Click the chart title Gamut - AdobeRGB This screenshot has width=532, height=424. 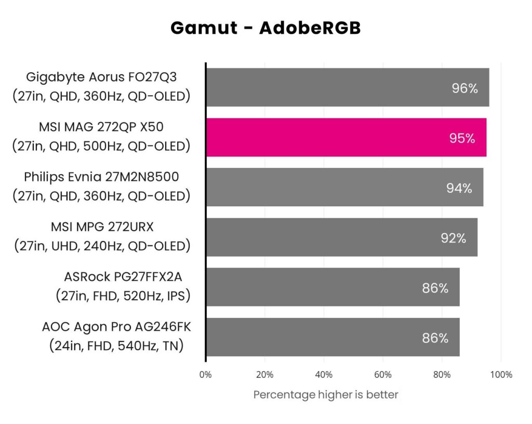tap(265, 28)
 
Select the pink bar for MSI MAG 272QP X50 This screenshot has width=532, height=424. tap(346, 138)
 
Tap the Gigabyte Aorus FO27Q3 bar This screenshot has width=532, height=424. tap(347, 87)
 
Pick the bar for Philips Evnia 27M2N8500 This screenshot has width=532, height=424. tap(344, 187)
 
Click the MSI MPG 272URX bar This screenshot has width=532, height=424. tap(341, 237)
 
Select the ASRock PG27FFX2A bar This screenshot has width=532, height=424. tap(332, 287)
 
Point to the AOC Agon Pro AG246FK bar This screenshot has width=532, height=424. tap(332, 337)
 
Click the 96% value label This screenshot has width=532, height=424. tap(464, 88)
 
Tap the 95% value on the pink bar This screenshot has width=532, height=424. tap(462, 139)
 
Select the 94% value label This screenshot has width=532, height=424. tap(459, 188)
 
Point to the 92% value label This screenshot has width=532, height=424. tap(453, 238)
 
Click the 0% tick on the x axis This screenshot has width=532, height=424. tap(206, 375)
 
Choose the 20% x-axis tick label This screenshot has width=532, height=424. tap(265, 375)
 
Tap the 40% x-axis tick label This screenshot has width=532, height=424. tap(324, 375)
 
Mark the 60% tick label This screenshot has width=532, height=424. tap(383, 375)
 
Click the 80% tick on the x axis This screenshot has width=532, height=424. tap(442, 375)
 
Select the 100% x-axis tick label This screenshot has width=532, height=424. tap(501, 375)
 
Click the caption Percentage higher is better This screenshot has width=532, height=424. tap(326, 395)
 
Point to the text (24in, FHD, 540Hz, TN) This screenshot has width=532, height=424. tap(116, 346)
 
